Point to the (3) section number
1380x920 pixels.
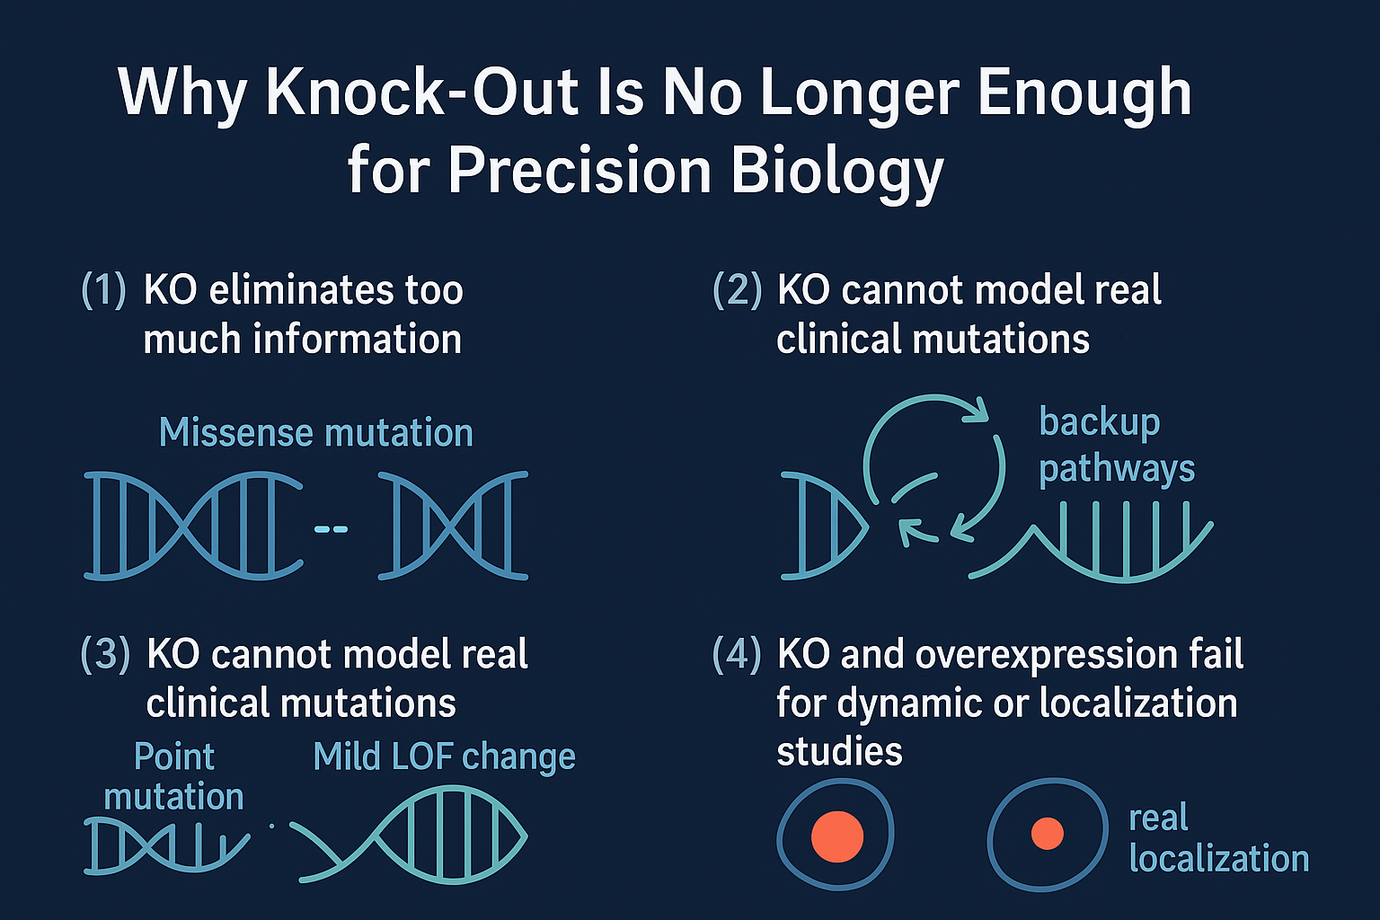[x=105, y=654]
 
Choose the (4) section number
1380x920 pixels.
[x=737, y=654]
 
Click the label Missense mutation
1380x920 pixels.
[x=316, y=432]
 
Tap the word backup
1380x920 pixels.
[x=1100, y=423]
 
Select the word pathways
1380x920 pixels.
[x=1117, y=470]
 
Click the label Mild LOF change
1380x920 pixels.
[x=444, y=756]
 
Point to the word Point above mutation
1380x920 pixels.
[x=174, y=756]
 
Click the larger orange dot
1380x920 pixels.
[x=837, y=836]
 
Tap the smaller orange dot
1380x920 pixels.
[x=1048, y=834]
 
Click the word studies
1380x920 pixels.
[x=839, y=753]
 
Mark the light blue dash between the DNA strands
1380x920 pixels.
[x=331, y=528]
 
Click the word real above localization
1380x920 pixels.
[x=1158, y=818]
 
